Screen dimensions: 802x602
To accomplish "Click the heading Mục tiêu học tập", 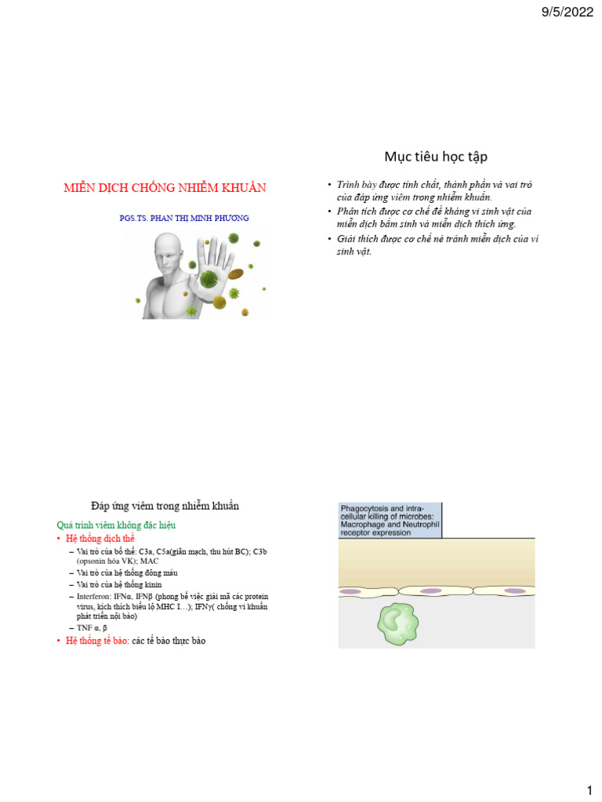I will click(437, 157).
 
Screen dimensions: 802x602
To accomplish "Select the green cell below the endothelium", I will click(401, 622).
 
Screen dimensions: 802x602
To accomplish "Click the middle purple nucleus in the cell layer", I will click(431, 591).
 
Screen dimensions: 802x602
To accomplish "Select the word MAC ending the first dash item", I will click(149, 562).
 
